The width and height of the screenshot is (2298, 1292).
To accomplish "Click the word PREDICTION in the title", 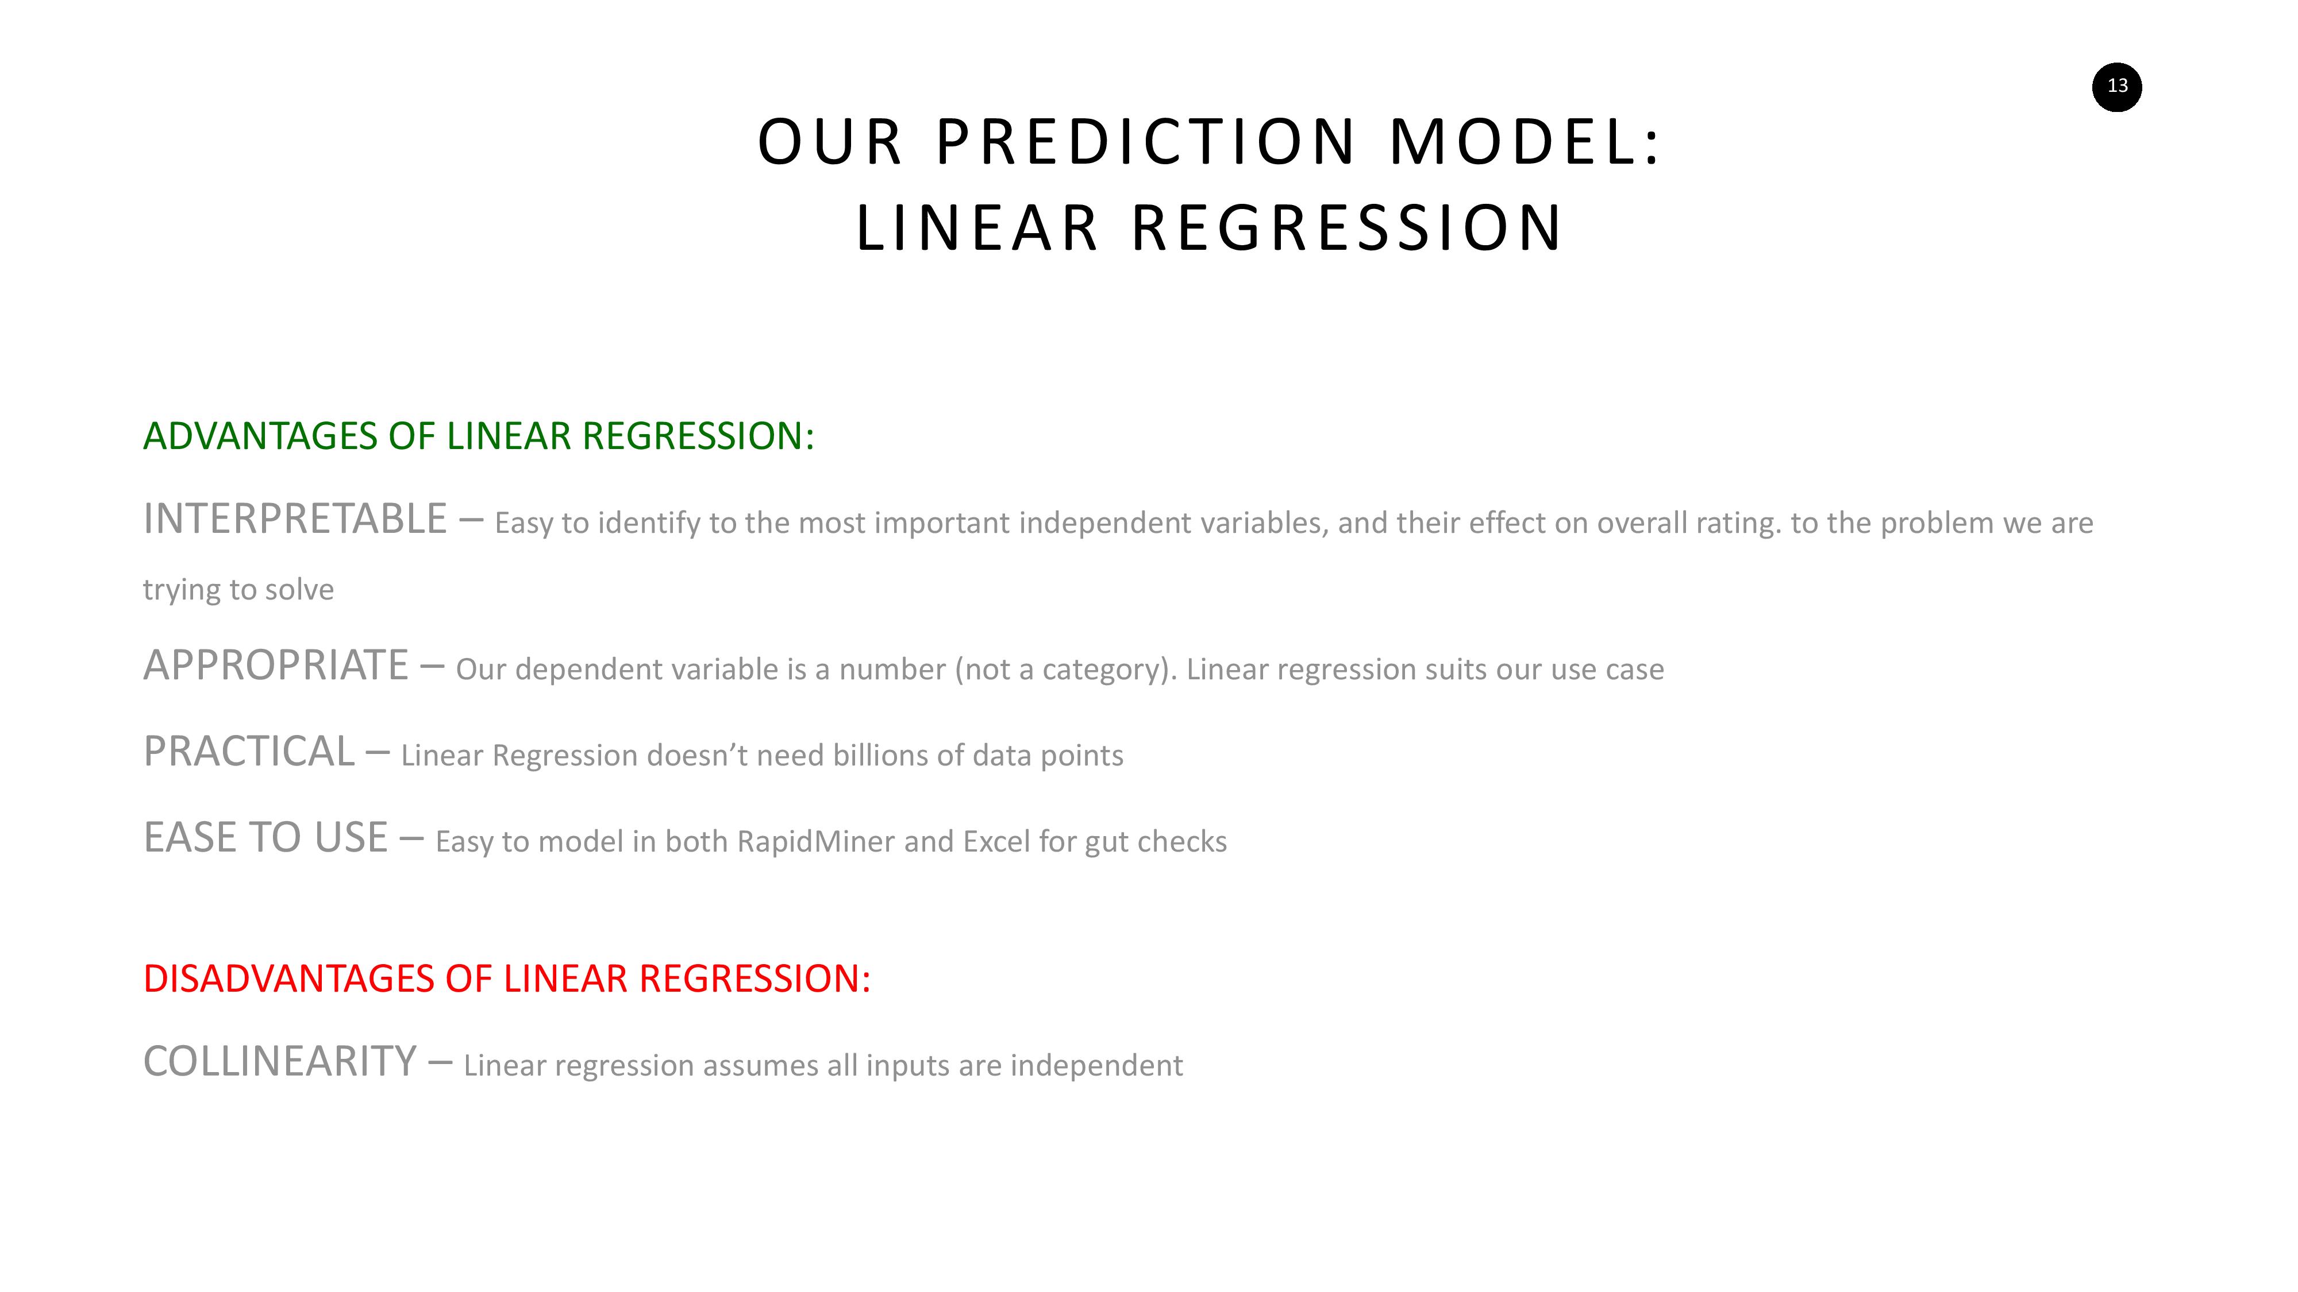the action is click(1145, 142).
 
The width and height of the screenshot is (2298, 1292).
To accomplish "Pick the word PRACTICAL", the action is click(249, 752).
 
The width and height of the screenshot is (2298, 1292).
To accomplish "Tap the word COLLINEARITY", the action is click(280, 1062).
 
